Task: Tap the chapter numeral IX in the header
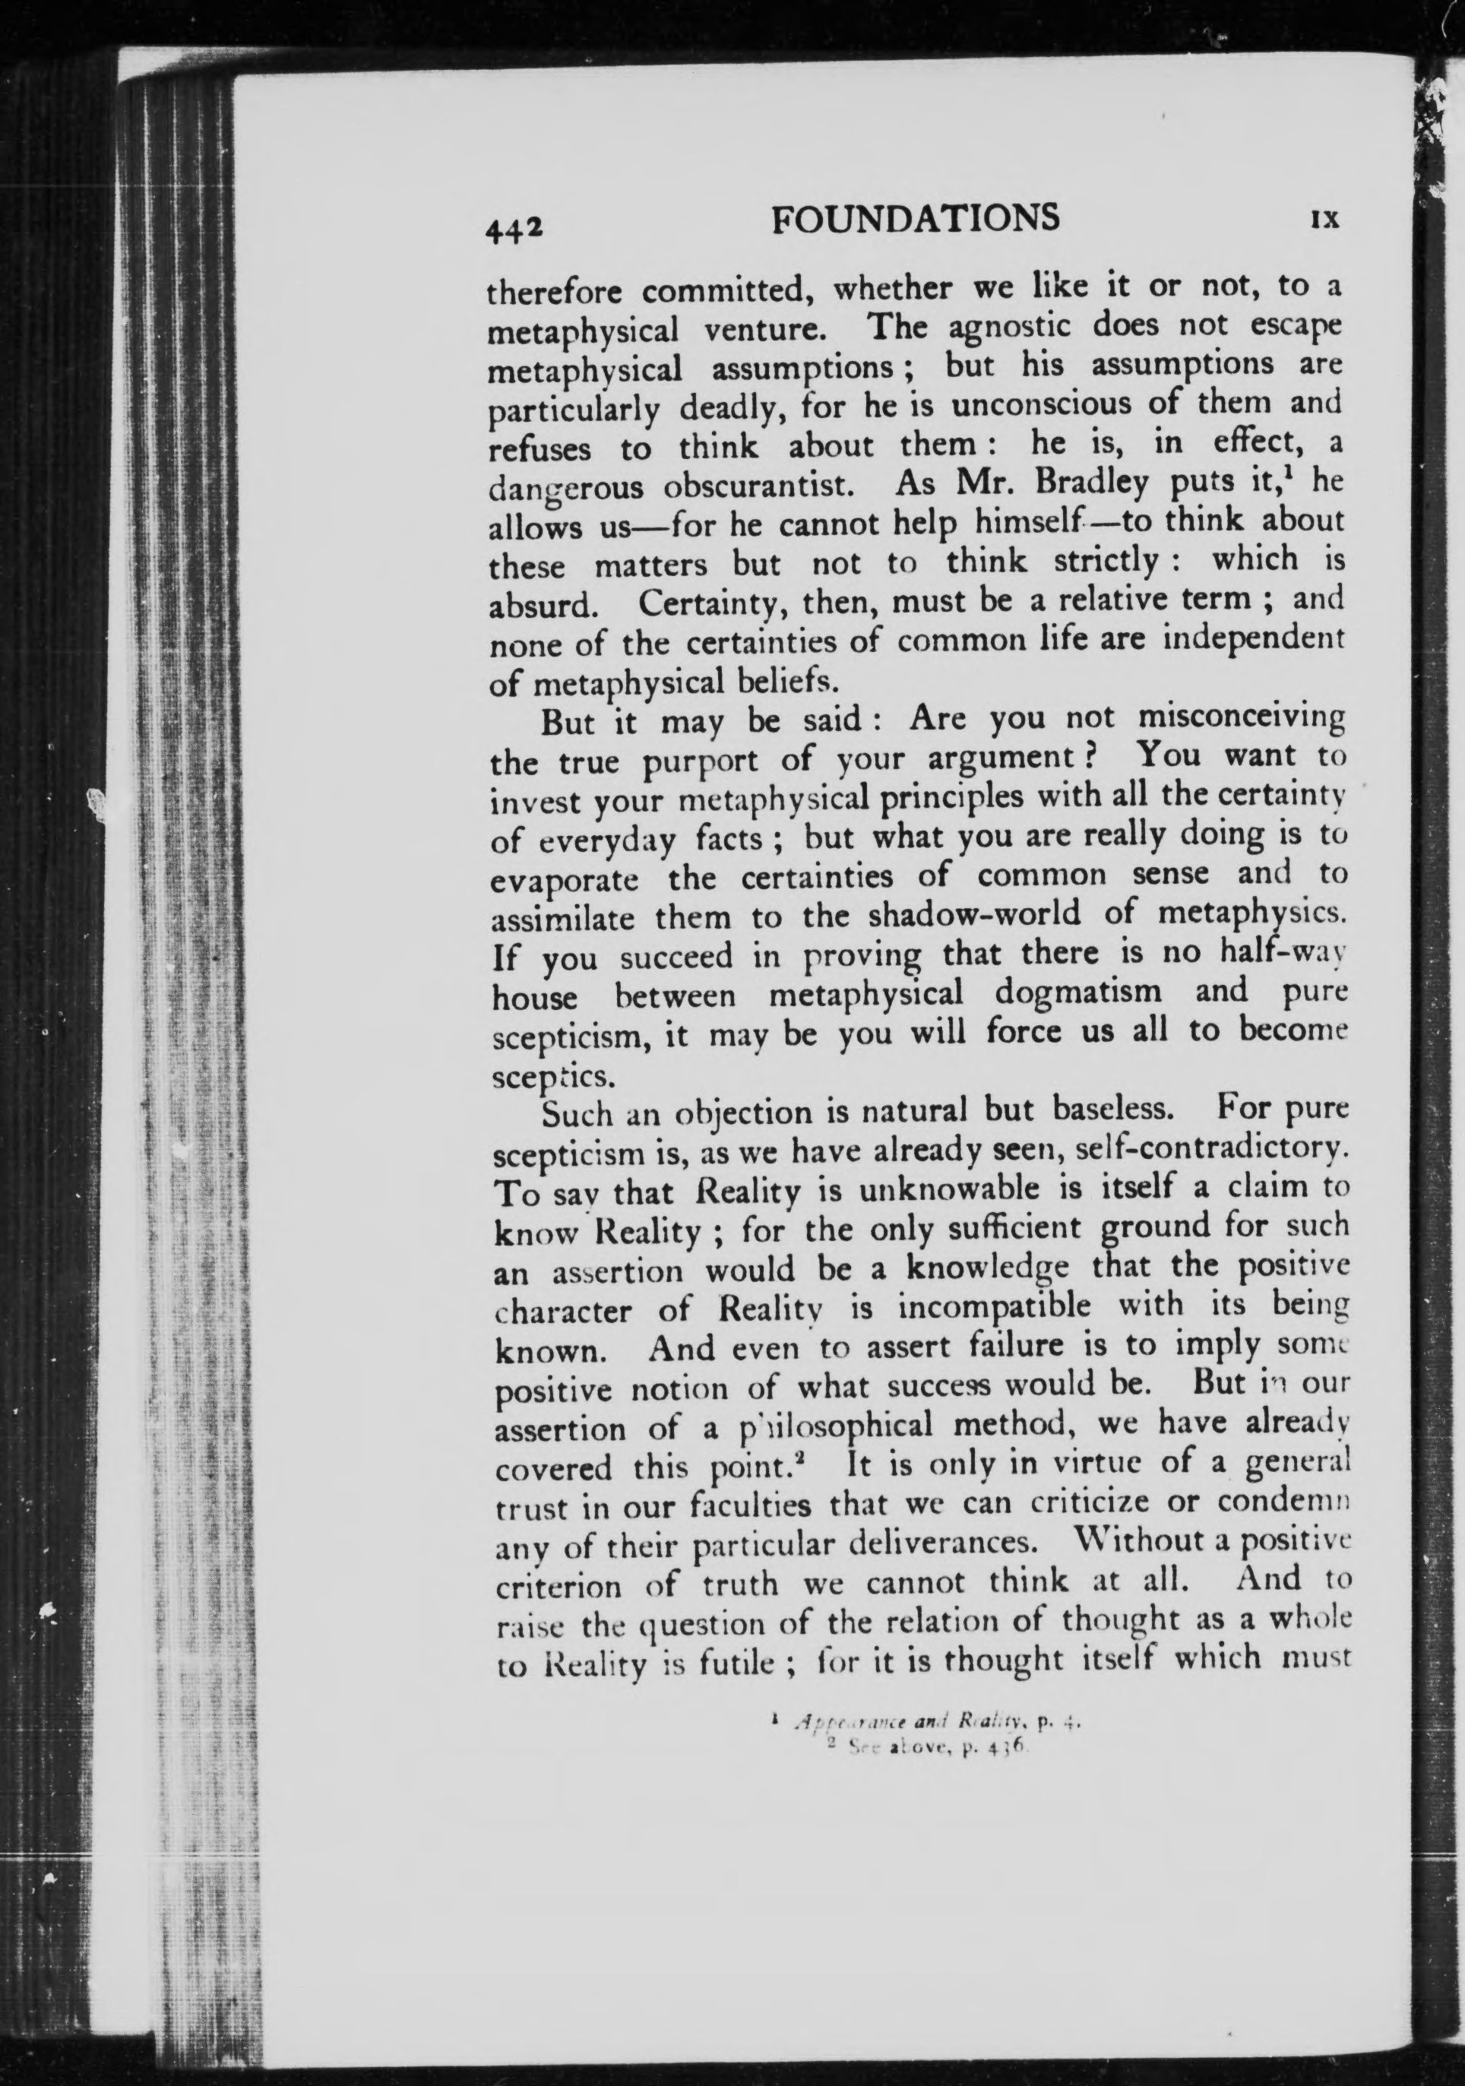pyautogui.click(x=1325, y=221)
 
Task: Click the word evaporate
pyautogui.click(x=565, y=878)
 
